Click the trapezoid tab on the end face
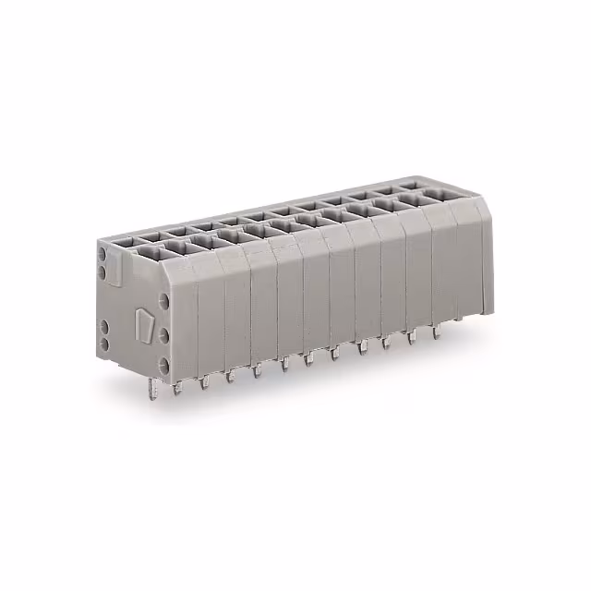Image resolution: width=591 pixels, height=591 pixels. point(144,324)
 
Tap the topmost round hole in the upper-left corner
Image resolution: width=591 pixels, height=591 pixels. point(103,259)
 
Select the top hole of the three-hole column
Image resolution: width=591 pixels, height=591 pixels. point(164,302)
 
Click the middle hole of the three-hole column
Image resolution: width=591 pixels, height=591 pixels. point(164,332)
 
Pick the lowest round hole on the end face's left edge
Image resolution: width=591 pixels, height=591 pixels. point(103,344)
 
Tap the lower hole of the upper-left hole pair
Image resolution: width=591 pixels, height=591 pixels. point(103,274)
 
